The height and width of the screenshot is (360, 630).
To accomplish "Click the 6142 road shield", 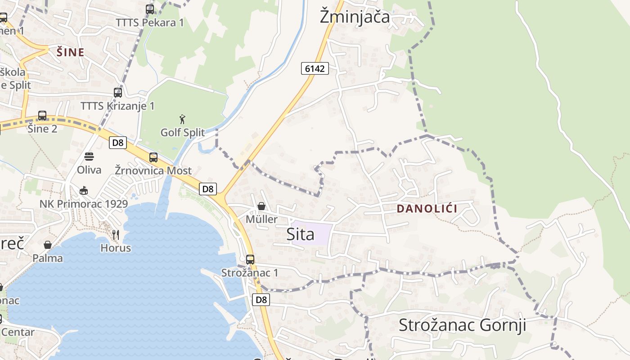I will pos(315,68).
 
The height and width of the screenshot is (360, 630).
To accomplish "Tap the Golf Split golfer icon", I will pos(182,119).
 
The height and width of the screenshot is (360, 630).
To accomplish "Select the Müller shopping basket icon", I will pos(261,206).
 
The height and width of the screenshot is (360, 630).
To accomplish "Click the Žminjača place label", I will pos(355,17).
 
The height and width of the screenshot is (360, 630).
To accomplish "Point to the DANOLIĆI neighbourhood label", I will pos(427,209).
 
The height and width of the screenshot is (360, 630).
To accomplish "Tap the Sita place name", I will pos(300,234).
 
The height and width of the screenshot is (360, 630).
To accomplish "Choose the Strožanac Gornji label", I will pos(462,325).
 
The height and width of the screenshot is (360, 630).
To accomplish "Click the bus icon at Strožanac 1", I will pos(250,260).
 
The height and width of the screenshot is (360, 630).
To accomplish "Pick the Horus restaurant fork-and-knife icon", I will pos(116,234).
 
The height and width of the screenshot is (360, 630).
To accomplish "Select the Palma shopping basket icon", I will pos(48,245).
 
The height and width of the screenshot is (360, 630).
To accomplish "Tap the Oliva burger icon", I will pos(89,157).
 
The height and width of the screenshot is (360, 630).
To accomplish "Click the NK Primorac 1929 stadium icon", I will pos(84,190).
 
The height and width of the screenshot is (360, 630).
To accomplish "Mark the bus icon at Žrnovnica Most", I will pos(153,157).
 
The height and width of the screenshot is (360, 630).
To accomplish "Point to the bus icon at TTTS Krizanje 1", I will pos(117,93).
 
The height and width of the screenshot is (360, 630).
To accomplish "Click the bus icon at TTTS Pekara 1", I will pos(150,9).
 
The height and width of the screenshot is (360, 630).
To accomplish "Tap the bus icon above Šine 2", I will pos(42,116).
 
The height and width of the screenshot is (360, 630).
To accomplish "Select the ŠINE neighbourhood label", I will pos(71,53).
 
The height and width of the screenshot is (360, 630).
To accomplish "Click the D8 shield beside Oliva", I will pos(117,143).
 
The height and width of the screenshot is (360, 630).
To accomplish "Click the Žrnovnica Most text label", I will pos(153,171).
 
